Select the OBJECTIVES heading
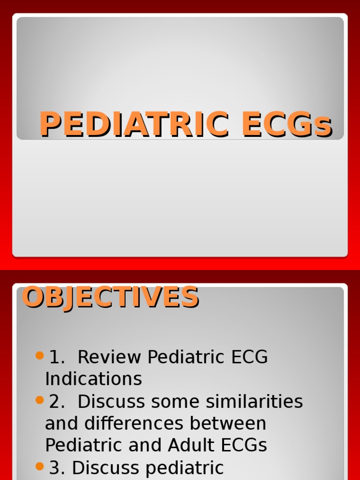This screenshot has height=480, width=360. coord(111,297)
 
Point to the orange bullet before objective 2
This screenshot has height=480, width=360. coord(39,400)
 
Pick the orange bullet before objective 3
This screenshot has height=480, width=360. coord(39,466)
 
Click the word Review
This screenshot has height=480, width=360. coord(110,357)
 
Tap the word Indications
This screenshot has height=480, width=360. coord(93,379)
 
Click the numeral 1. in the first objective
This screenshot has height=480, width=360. coord(57,357)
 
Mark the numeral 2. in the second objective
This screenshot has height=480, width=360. coord(57,402)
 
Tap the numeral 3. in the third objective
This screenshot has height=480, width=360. coord(57,468)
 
